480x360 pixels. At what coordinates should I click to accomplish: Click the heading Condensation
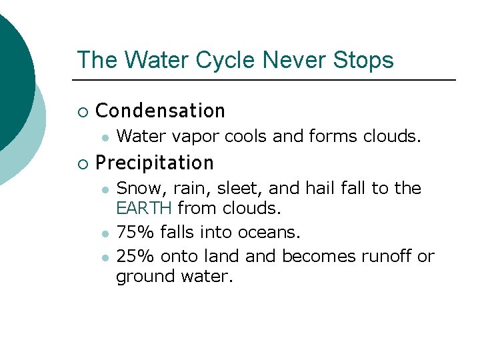[161, 111]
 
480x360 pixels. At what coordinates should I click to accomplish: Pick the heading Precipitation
[155, 163]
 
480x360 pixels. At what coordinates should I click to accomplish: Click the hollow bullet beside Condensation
[82, 111]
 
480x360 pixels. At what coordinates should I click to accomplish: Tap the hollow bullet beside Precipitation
[82, 163]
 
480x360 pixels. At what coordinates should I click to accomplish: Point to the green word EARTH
[144, 209]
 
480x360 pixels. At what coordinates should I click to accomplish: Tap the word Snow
[139, 189]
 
